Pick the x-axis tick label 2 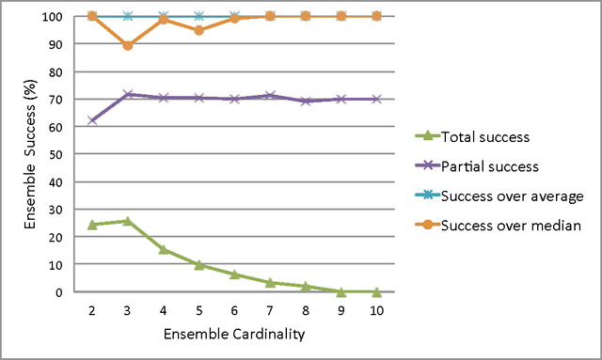click(91, 310)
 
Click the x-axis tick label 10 click(377, 310)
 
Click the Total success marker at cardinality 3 click(127, 221)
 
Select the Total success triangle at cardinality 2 click(91, 225)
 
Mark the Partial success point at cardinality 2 click(91, 120)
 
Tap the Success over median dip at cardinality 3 click(127, 45)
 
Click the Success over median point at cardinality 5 click(198, 30)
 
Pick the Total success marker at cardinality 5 click(198, 265)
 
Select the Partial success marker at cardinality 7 click(270, 96)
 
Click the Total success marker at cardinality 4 click(163, 249)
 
